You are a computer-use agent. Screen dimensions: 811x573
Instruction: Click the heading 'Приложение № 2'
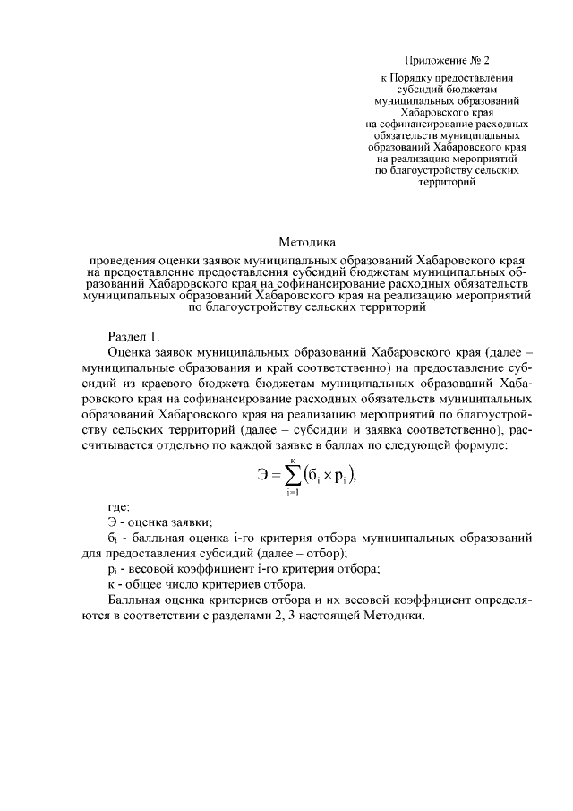(x=448, y=61)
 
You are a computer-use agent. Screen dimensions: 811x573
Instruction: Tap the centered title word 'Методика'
(x=306, y=241)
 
